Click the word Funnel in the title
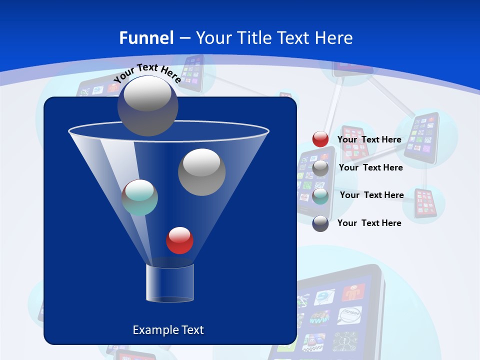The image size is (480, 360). point(146,38)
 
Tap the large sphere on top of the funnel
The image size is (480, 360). point(148,106)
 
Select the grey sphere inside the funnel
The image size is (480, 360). point(201,172)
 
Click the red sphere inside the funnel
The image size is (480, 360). point(179,240)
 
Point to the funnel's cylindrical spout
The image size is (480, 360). point(170,283)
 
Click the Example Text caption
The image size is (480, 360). point(168,330)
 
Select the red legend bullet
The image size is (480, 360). point(320,139)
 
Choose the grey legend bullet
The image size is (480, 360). point(320,168)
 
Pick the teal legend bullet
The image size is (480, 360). point(320,196)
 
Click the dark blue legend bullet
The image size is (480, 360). point(320,223)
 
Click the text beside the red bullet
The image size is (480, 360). point(369,139)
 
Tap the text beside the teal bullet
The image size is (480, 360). point(372,195)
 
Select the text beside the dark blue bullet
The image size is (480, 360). point(369,223)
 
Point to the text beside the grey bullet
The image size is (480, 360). point(371,167)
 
